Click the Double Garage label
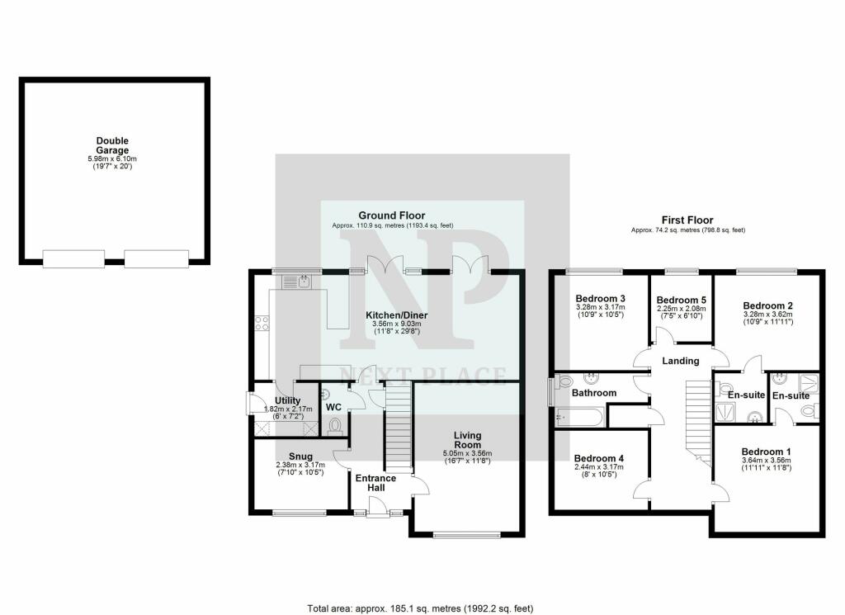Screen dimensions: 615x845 pos(112,146)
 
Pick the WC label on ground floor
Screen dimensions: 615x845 pos(333,407)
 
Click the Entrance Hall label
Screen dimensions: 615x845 pos(375,483)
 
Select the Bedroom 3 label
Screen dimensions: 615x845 pos(601,299)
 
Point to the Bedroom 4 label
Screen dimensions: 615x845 pos(599,458)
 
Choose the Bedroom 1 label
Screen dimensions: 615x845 pos(766,452)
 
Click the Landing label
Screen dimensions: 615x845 pos(681,361)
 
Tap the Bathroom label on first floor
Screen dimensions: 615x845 pos(595,393)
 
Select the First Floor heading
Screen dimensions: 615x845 pos(687,220)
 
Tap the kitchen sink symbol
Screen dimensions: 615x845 pos(295,282)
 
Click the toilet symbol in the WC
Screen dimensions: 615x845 pos(335,426)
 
